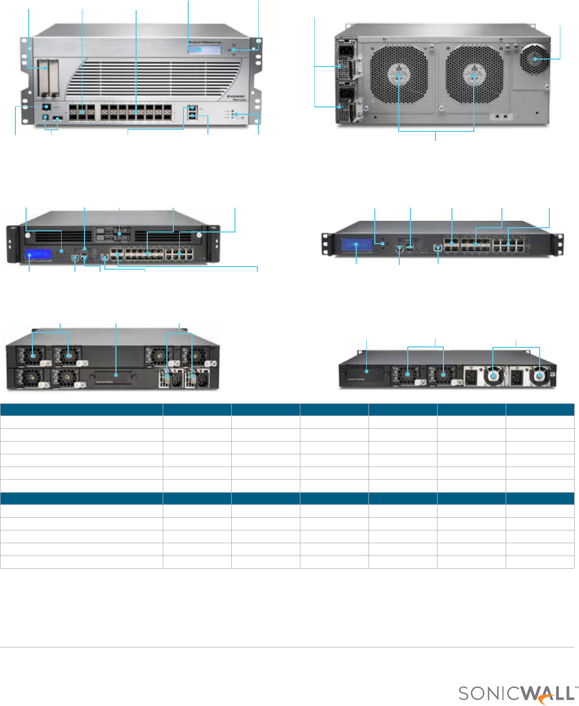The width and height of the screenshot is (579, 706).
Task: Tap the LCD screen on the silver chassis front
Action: point(204,49)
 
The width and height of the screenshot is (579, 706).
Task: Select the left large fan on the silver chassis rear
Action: point(399,74)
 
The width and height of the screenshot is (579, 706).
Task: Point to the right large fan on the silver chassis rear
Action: point(474,74)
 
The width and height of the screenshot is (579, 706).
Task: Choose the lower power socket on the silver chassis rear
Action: point(343,96)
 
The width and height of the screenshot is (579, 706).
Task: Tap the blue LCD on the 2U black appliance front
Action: point(38,255)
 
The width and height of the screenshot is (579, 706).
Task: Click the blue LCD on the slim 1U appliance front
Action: point(357,245)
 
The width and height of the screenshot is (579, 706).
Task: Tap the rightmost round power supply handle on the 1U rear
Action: point(540,376)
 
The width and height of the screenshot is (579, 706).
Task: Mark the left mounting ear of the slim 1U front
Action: point(325,245)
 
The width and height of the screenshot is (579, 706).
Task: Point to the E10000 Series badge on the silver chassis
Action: point(234,97)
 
